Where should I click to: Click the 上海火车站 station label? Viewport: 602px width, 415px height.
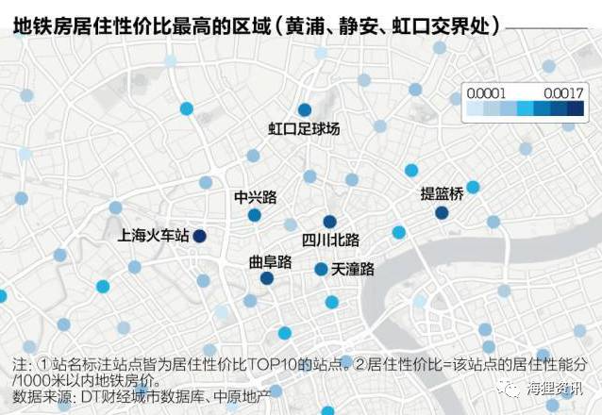click(x=157, y=233)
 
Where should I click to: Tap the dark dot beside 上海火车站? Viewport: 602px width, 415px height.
click(x=200, y=236)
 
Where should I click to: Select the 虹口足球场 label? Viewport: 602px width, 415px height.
click(x=304, y=128)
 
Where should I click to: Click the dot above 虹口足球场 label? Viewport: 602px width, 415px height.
click(x=304, y=110)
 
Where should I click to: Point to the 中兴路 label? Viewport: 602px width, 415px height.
click(x=255, y=197)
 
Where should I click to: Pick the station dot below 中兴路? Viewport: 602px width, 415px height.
click(x=255, y=215)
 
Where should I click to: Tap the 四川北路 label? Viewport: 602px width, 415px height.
click(x=330, y=239)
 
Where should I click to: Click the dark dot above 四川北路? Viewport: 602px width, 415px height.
click(x=329, y=221)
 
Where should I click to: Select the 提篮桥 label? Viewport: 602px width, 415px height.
click(x=442, y=194)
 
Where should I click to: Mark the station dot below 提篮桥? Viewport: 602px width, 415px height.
click(x=442, y=213)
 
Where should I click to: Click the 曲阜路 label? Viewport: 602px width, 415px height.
click(x=269, y=260)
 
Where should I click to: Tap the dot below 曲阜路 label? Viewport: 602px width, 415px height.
click(x=267, y=278)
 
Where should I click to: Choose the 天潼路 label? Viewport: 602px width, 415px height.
click(x=353, y=270)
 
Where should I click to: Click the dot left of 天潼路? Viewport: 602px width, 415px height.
click(x=321, y=269)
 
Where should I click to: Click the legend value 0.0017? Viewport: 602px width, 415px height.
click(x=564, y=92)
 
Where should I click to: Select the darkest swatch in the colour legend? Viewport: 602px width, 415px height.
click(x=575, y=108)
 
